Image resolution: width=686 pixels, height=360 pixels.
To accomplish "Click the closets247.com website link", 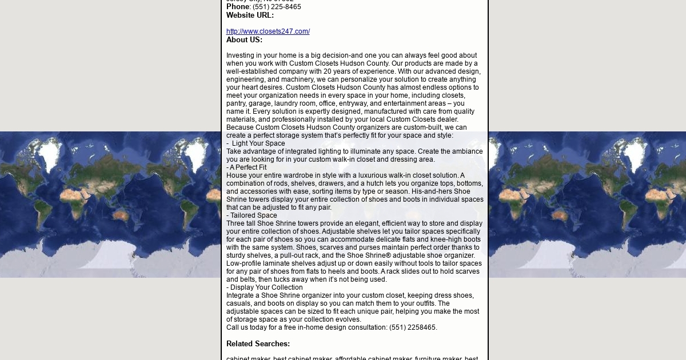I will point(268,31).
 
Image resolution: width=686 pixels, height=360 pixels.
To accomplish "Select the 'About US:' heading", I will point(244,40).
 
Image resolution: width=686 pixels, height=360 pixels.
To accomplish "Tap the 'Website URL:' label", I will point(250,15).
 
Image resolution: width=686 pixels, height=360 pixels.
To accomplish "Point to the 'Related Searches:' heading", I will point(258,344).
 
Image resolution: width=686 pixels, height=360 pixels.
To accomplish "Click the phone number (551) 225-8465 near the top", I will point(277,7).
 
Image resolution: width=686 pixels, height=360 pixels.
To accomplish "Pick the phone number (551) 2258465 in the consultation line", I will point(413,327).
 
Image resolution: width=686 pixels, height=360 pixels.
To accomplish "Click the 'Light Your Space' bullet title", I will point(258,143).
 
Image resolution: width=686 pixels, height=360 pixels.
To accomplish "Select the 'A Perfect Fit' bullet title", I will point(248,167).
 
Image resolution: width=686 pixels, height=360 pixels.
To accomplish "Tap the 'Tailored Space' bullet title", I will point(253,215).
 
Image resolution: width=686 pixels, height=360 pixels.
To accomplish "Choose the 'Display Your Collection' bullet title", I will point(266,287).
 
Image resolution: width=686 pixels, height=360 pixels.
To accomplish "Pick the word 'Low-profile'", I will point(244,263).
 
